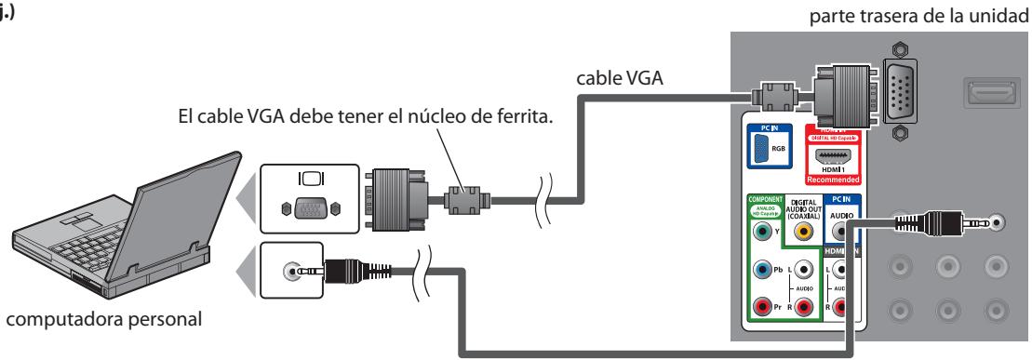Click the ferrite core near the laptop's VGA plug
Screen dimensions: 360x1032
461,197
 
